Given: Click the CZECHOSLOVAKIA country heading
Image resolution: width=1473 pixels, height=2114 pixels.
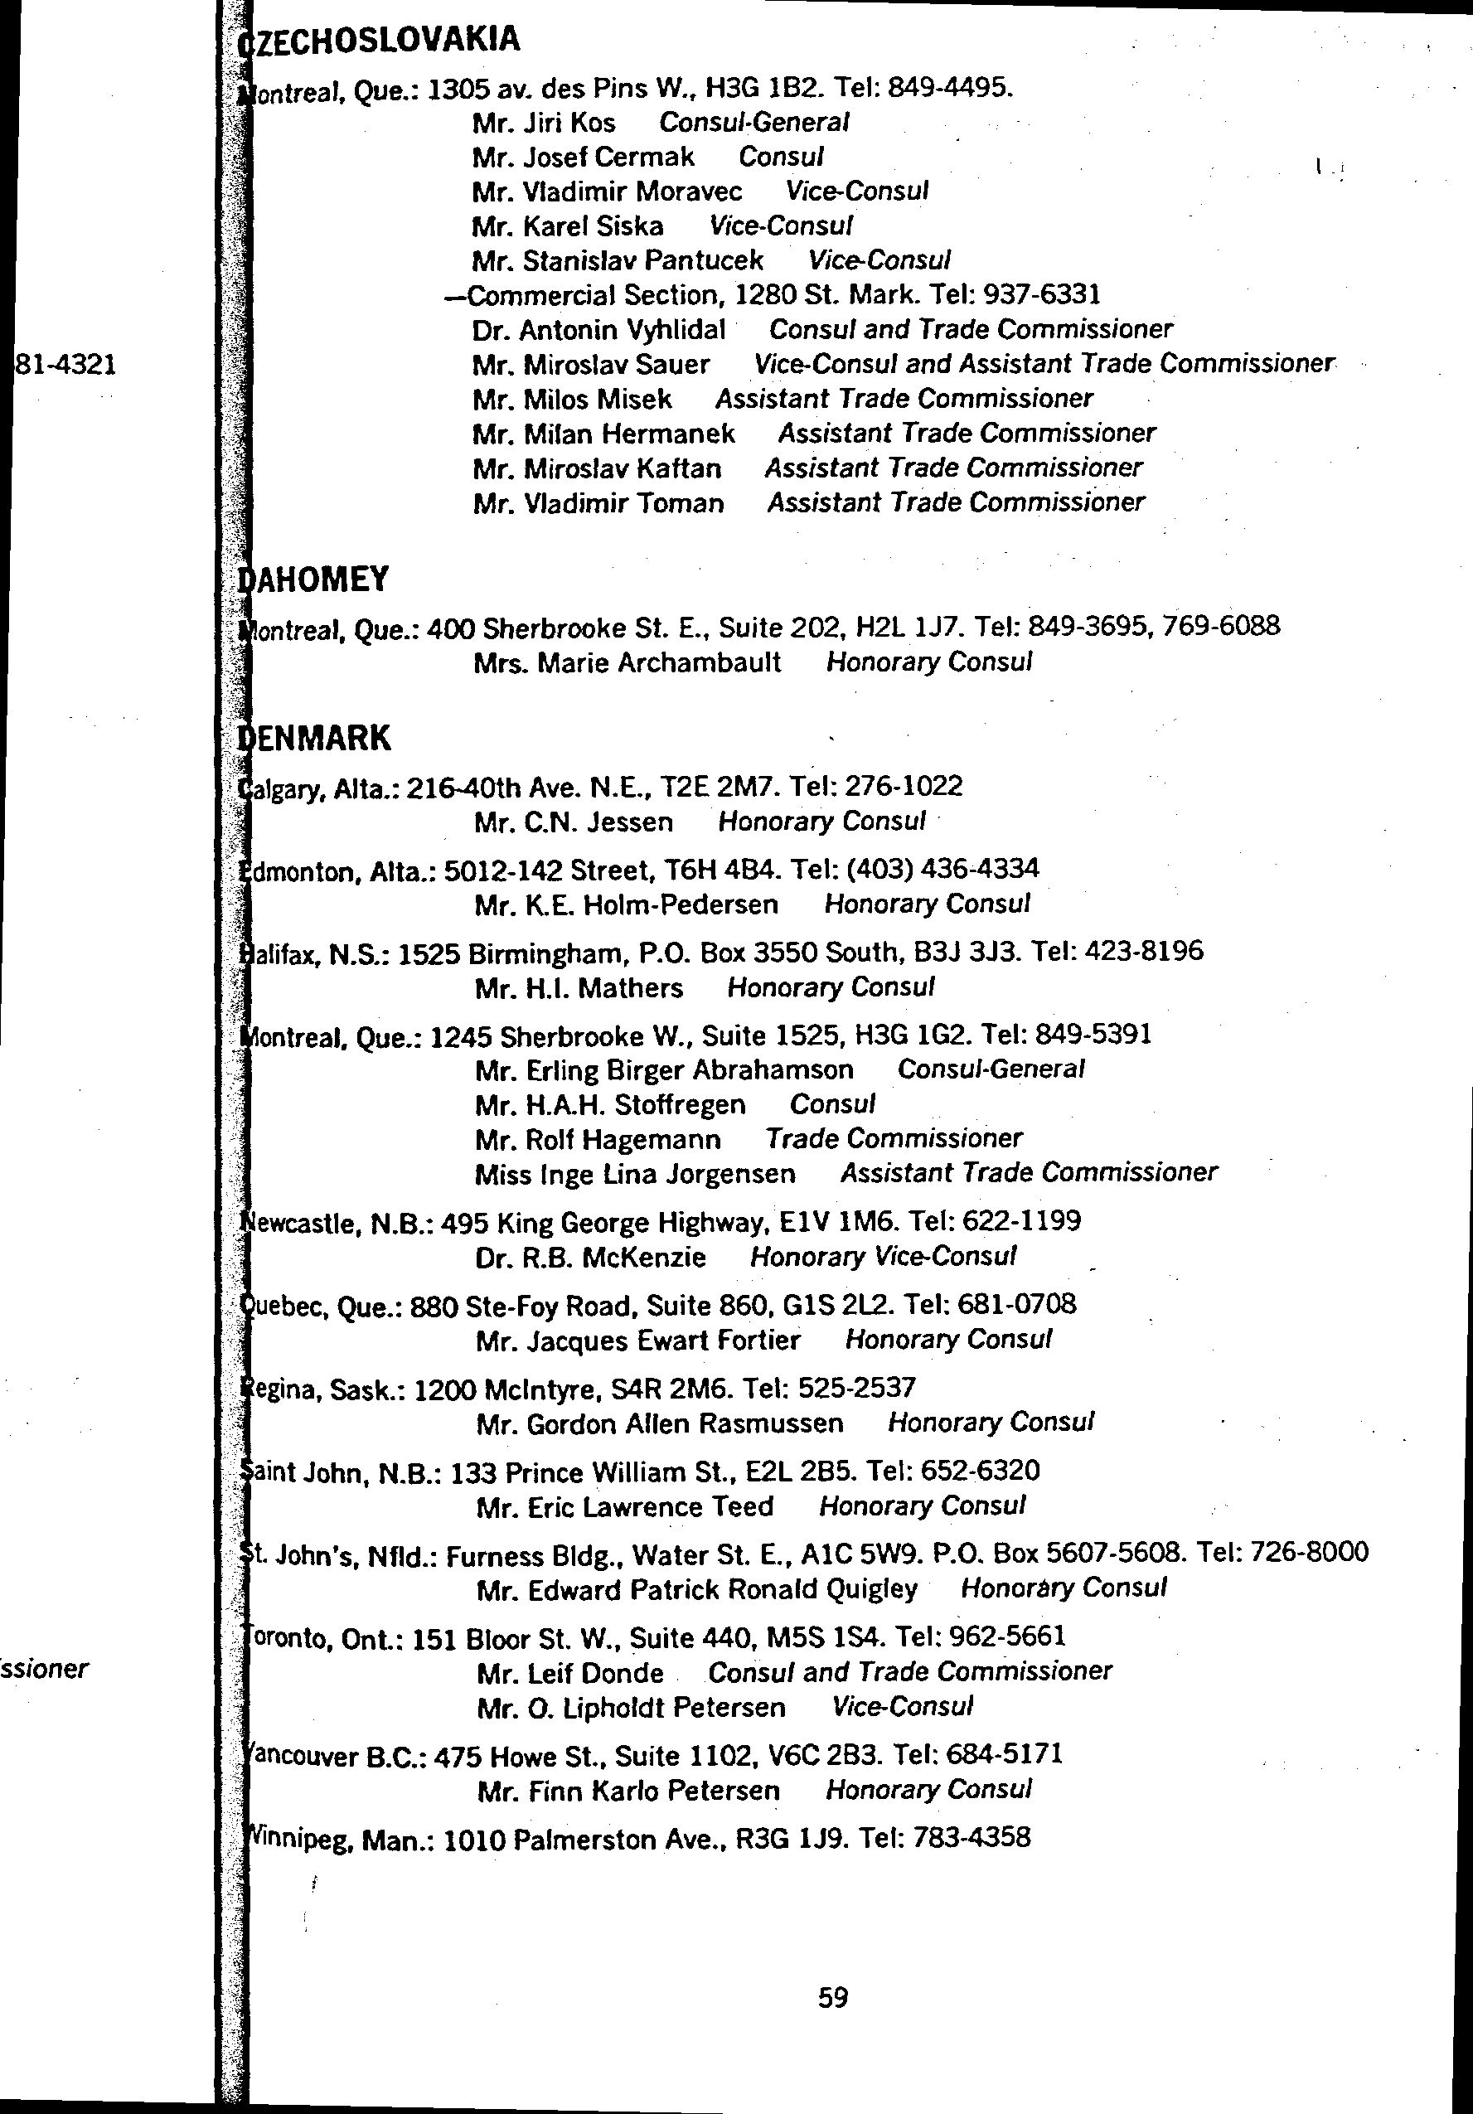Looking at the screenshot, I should point(380,41).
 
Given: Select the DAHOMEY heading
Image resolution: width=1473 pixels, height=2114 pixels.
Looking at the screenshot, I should point(314,579).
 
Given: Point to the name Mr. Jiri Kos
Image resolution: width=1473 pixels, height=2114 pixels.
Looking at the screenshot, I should point(543,123).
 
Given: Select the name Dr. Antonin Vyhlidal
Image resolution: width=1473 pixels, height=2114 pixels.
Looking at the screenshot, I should point(598,330).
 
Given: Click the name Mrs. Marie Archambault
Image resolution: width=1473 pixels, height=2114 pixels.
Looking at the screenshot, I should point(627,662).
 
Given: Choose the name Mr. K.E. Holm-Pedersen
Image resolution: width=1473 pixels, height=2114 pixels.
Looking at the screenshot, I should point(626,905).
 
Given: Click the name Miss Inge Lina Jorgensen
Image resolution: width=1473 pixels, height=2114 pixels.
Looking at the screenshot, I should point(635,1174).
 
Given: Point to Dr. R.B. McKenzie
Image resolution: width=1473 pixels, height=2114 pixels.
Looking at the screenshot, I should point(590,1258).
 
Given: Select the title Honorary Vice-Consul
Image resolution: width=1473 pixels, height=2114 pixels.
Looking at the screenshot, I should point(883,1257).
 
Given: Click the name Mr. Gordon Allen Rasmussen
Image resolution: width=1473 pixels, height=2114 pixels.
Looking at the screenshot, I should point(659,1424).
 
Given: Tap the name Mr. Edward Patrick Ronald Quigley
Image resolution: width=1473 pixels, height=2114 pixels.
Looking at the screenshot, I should point(697,1589).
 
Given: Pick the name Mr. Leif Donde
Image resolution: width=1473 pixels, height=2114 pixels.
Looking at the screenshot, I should point(569,1673).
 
